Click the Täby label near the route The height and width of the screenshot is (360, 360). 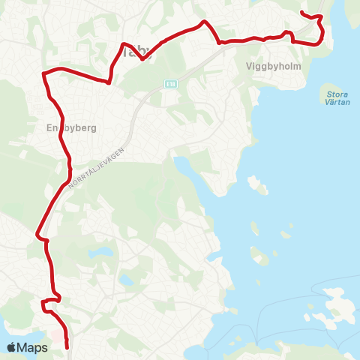coord(136,52)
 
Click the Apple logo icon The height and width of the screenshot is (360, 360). coord(11,347)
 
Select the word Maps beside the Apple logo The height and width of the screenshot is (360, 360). coord(33,347)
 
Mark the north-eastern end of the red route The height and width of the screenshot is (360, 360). coord(301,13)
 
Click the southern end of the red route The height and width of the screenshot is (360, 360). coord(67,347)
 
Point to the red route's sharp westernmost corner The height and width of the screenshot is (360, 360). coord(43,73)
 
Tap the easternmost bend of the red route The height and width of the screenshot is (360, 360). coord(323,30)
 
